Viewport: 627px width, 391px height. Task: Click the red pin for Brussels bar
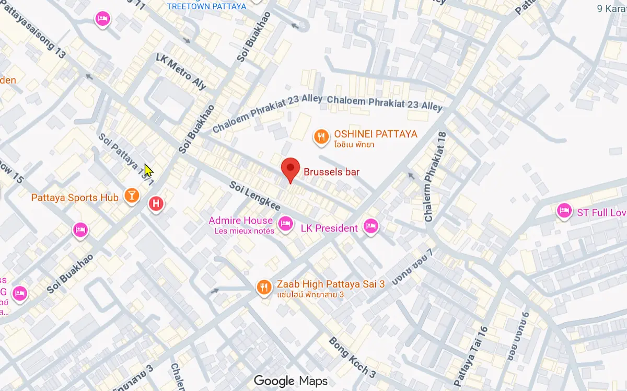pyautogui.click(x=290, y=168)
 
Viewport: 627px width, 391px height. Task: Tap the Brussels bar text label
pyautogui.click(x=332, y=171)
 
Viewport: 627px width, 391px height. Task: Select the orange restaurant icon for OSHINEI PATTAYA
pyautogui.click(x=320, y=137)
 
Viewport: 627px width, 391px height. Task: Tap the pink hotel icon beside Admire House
pyautogui.click(x=285, y=224)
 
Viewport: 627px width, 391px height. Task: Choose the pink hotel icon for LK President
pyautogui.click(x=370, y=226)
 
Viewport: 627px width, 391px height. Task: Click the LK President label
pyautogui.click(x=329, y=228)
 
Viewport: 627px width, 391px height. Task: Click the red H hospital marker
pyautogui.click(x=156, y=203)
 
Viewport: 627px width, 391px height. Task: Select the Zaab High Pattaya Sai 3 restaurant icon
pyautogui.click(x=264, y=287)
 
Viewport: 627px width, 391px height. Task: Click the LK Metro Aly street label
pyautogui.click(x=181, y=71)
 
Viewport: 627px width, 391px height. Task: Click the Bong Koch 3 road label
pyautogui.click(x=352, y=358)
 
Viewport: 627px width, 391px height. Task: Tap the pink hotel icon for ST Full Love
pyautogui.click(x=563, y=211)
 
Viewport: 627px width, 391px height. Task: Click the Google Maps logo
pyautogui.click(x=291, y=381)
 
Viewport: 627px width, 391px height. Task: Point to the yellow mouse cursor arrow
pyautogui.click(x=148, y=170)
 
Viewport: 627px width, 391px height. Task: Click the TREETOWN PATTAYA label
pyautogui.click(x=206, y=6)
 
